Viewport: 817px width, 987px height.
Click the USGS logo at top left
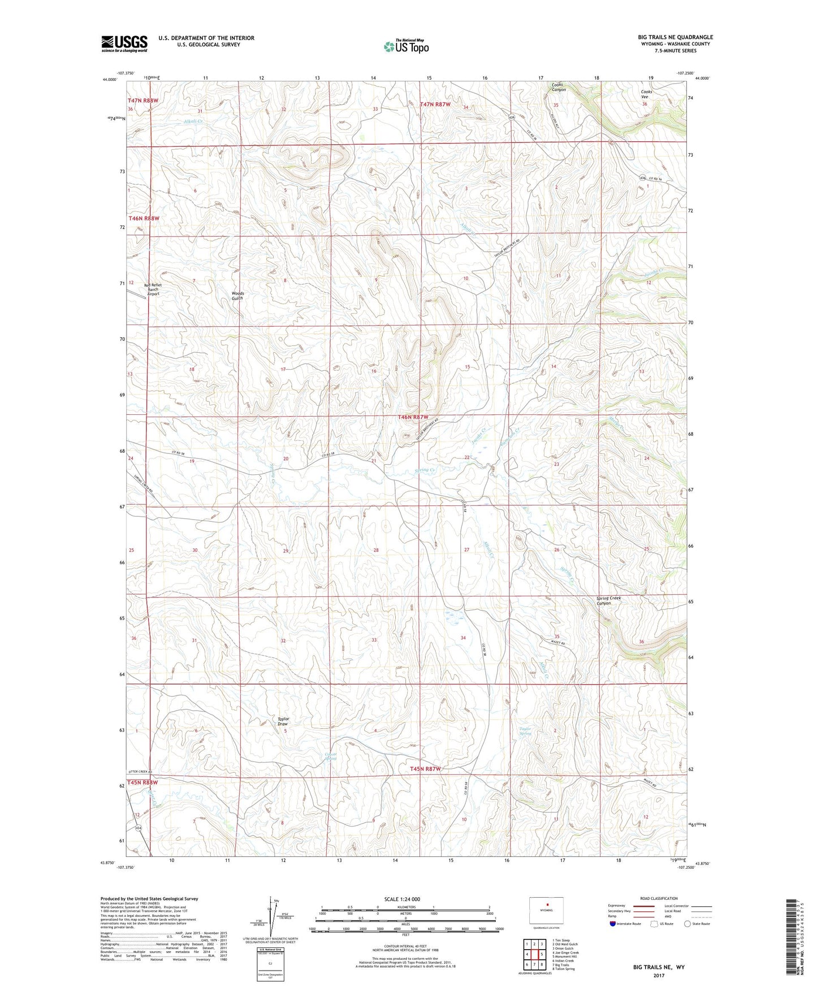[x=124, y=44]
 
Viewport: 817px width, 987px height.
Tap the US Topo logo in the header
[x=406, y=46]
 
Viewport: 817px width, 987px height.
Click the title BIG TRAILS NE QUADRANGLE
[x=675, y=37]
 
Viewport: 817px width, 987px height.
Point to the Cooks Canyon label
[x=559, y=87]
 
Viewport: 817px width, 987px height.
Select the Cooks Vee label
[x=646, y=94]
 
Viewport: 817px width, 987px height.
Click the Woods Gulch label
[x=237, y=296]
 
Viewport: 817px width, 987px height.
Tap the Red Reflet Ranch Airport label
[x=153, y=289]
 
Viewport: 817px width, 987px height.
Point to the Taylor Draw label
[x=283, y=721]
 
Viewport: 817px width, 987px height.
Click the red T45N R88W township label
[x=142, y=782]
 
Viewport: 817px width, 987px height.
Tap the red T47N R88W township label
[x=142, y=101]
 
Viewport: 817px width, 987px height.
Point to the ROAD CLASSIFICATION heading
[x=659, y=898]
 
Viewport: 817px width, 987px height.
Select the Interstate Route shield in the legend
[x=613, y=924]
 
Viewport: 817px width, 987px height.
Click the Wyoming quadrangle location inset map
[x=546, y=911]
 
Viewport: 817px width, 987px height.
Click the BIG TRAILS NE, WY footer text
[x=659, y=967]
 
